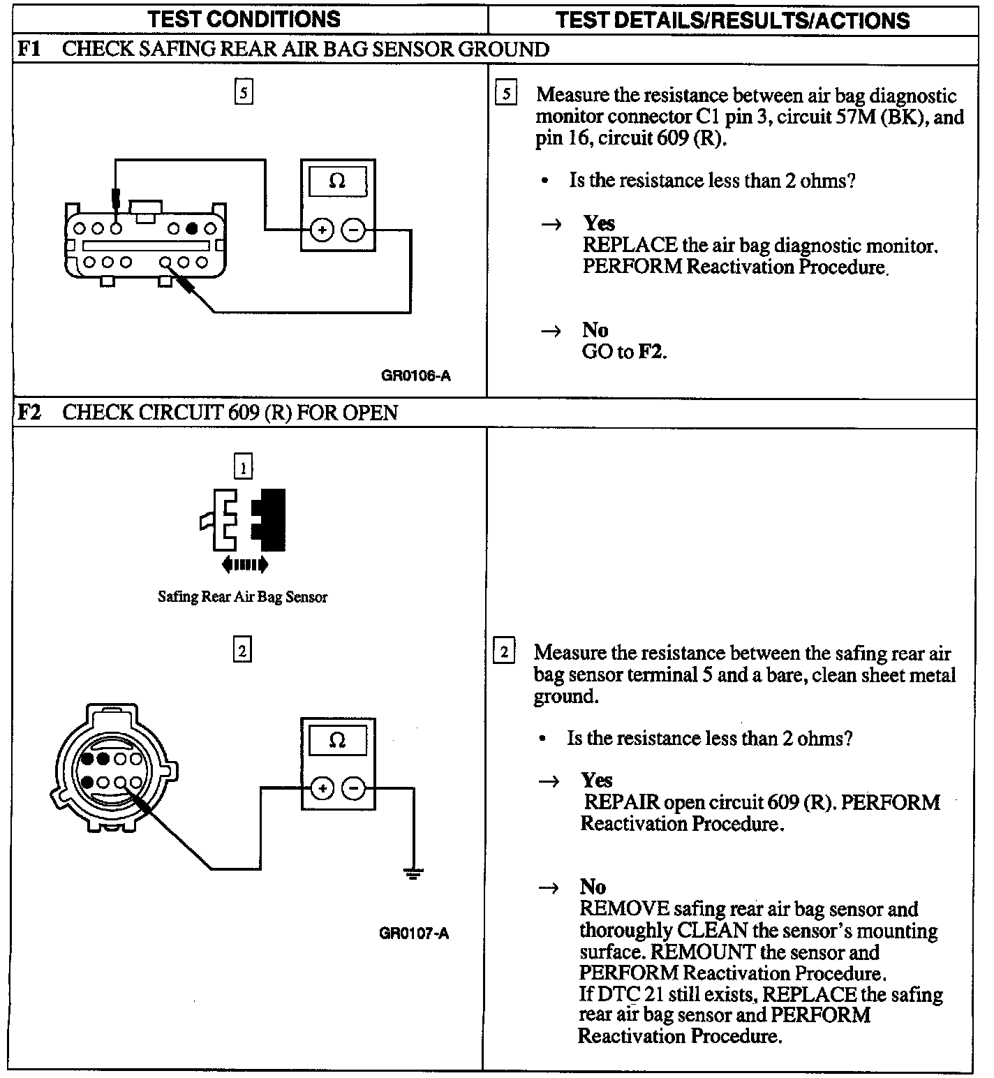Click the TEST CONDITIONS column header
pos(244,19)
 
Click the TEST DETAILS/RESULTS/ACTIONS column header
pos(732,20)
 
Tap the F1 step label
pos(29,50)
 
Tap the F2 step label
pos(29,413)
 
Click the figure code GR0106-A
pos(415,376)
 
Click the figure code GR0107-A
pos(414,933)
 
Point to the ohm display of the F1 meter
pos(337,182)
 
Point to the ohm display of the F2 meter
pos(337,741)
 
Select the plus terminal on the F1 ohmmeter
pos(321,229)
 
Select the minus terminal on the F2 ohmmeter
pos(354,788)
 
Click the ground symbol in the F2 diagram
pos(413,872)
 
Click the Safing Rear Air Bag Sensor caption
pos(242,597)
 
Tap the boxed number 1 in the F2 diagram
pos(242,467)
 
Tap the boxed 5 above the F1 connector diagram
pos(243,92)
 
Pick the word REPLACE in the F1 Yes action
pos(630,246)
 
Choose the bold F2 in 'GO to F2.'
pos(651,352)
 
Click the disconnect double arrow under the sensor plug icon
pos(244,563)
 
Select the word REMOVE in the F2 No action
pos(624,910)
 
